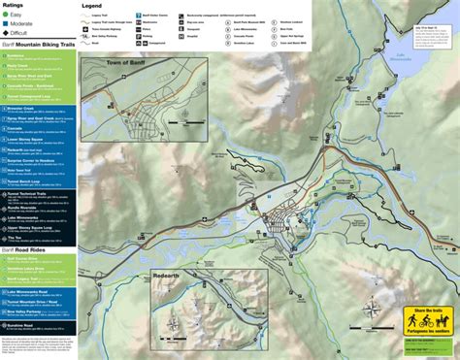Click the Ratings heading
[x=15, y=5]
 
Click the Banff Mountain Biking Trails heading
[x=39, y=44]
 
